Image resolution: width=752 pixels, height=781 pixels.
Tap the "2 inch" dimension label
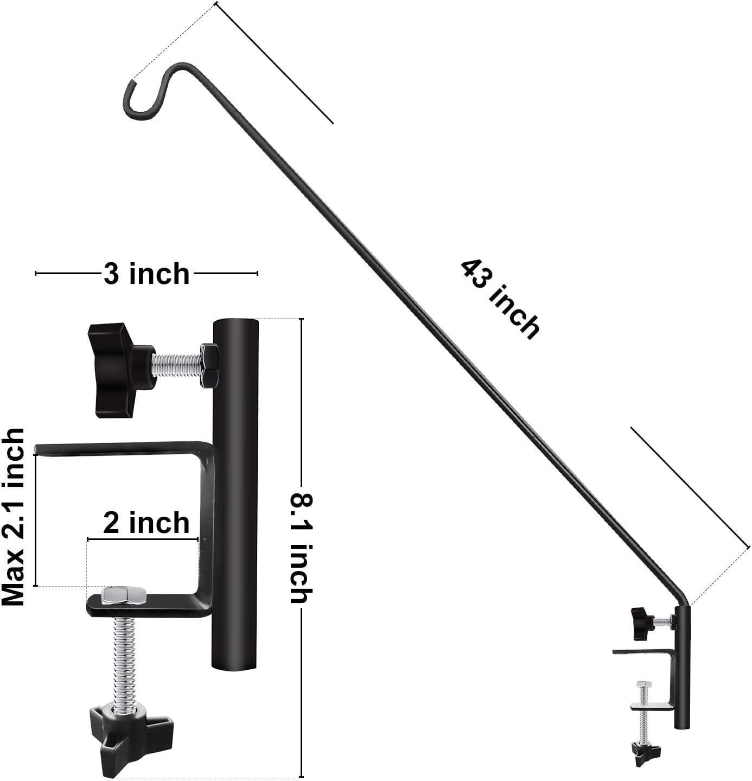click(x=146, y=523)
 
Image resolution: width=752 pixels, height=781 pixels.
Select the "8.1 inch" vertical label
click(x=299, y=548)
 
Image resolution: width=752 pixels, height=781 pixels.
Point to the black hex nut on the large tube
click(x=209, y=364)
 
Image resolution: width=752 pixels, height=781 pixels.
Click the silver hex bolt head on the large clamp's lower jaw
click(x=124, y=595)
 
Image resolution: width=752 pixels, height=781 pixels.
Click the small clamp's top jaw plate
click(x=643, y=651)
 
